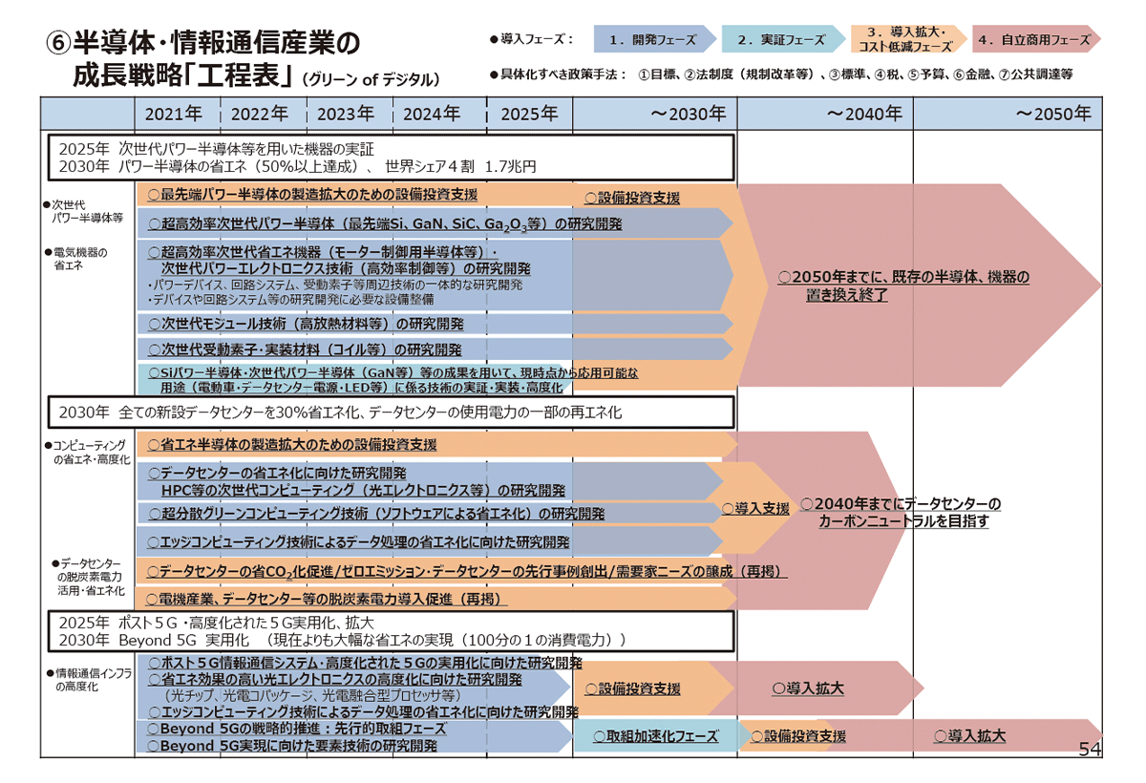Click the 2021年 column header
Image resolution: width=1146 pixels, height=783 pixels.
pos(173,114)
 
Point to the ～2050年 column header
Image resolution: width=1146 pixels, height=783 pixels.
pos(1052,114)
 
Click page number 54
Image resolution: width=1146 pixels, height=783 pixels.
pos(1090,750)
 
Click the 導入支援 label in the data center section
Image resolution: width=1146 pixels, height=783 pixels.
pos(755,509)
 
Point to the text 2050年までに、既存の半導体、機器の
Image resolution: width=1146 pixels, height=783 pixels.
pos(904,277)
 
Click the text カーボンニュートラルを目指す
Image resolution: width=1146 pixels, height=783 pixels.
pos(903,521)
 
